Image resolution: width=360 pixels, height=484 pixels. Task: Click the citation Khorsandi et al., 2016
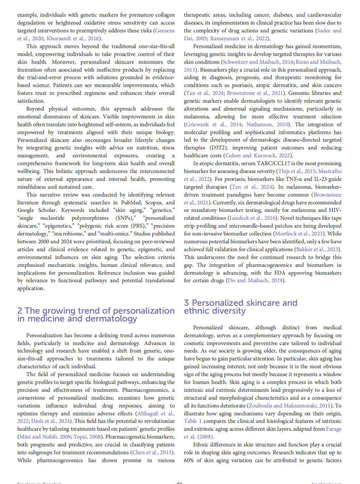click(x=72, y=38)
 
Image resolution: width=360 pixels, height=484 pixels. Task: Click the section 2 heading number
click(x=20, y=311)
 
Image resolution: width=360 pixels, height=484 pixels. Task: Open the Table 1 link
click(x=192, y=421)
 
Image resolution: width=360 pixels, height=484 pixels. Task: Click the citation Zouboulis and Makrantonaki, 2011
click(x=290, y=406)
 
